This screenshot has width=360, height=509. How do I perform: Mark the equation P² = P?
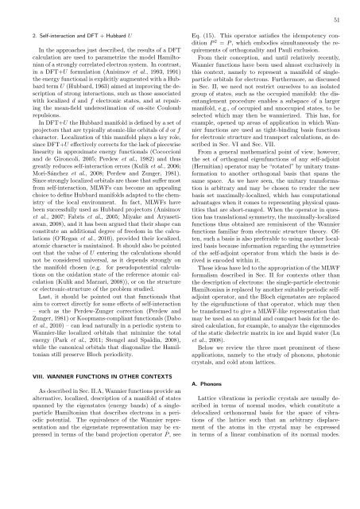click(236, 45)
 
